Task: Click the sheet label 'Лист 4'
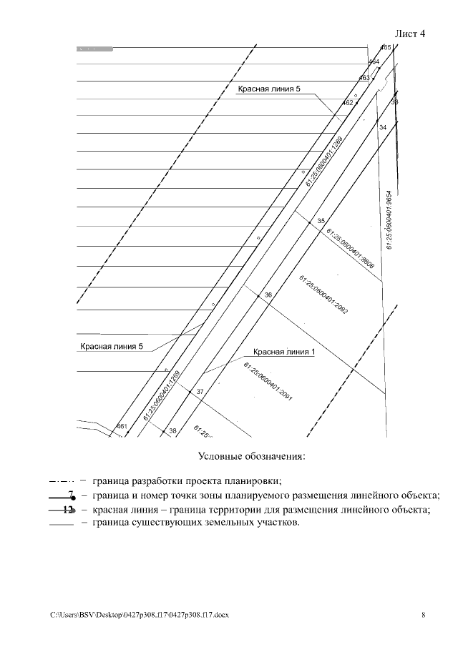[x=410, y=34]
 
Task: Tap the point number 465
[x=386, y=48]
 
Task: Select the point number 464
[x=374, y=62]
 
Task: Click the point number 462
[x=349, y=103]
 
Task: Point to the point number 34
[x=383, y=127]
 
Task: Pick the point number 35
[x=321, y=221]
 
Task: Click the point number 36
[x=268, y=295]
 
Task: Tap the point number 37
[x=200, y=391]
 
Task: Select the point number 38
[x=172, y=430]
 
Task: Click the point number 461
[x=122, y=427]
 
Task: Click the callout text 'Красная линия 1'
[x=284, y=352]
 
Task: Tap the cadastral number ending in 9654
[x=389, y=219]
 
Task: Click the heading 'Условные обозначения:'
[x=251, y=455]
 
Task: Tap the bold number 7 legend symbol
[x=70, y=494]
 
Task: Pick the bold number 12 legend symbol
[x=68, y=510]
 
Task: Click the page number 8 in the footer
[x=423, y=615]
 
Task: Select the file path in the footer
[x=140, y=615]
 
